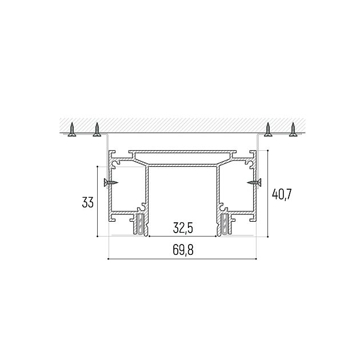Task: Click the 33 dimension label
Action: (x=87, y=203)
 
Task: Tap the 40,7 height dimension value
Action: (x=281, y=194)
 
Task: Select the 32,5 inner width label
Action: (x=183, y=229)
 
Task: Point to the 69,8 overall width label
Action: (x=183, y=250)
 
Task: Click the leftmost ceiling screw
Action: (x=72, y=130)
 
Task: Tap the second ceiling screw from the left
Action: (x=97, y=130)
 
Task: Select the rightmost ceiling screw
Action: (x=293, y=130)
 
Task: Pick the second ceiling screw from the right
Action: (x=267, y=130)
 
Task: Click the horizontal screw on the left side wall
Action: (x=111, y=183)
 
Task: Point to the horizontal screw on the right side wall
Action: (x=254, y=183)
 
